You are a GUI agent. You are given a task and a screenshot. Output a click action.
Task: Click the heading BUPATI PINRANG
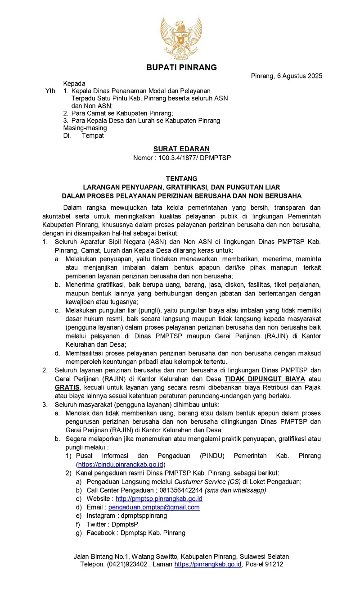pyautogui.click(x=181, y=68)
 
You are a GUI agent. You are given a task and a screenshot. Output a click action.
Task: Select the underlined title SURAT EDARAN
pyautogui.click(x=181, y=149)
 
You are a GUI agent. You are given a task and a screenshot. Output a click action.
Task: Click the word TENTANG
pyautogui.click(x=181, y=179)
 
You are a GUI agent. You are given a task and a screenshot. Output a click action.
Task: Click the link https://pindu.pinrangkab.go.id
pyautogui.click(x=121, y=464)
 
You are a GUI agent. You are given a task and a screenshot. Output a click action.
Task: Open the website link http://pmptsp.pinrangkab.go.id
pyautogui.click(x=159, y=498)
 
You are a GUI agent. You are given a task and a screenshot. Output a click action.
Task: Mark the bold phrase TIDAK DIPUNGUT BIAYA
pyautogui.click(x=265, y=379)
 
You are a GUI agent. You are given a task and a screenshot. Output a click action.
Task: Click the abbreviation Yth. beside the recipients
pyautogui.click(x=51, y=91)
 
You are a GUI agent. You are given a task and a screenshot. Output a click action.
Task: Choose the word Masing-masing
pyautogui.click(x=85, y=128)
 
